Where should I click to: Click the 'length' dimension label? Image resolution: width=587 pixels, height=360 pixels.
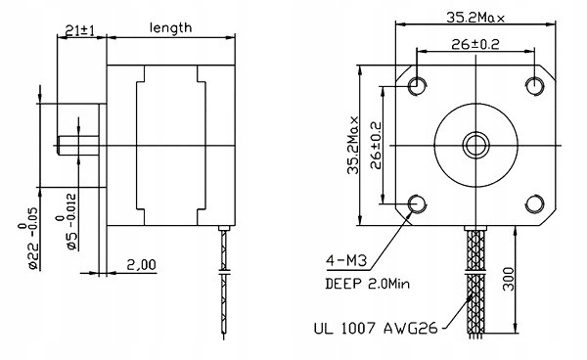pos(170,27)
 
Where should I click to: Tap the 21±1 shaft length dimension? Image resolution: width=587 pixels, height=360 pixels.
pos(79,30)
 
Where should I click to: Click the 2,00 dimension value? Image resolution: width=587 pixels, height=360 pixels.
pos(141,265)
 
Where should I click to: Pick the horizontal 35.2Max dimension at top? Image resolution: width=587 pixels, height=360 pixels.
pos(475,18)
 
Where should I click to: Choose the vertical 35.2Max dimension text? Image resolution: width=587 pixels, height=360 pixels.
pos(353,145)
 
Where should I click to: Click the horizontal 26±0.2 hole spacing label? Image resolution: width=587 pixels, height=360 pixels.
pos(475,45)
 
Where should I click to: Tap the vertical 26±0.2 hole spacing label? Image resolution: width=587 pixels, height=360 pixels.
pos(376,145)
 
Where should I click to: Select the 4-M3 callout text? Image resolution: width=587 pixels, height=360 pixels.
pos(346,260)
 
